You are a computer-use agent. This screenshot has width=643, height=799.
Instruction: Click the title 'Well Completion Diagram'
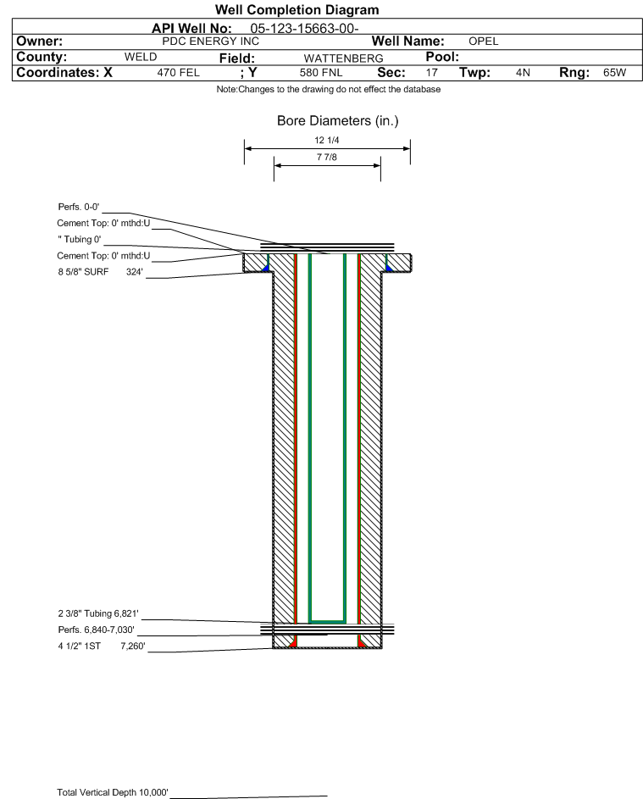click(297, 9)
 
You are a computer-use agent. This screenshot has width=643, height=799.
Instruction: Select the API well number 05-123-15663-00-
click(304, 29)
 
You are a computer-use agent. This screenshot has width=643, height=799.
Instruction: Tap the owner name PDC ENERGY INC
click(210, 42)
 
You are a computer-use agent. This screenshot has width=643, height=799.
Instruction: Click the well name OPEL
click(484, 42)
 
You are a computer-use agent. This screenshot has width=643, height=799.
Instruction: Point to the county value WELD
click(141, 57)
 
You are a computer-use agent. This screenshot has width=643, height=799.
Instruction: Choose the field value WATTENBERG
click(343, 58)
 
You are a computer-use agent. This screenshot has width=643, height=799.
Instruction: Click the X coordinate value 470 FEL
click(178, 73)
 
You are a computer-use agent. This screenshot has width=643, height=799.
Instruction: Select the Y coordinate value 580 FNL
click(321, 73)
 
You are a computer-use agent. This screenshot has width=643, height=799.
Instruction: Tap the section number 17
click(431, 73)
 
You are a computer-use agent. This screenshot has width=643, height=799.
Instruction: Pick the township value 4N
click(523, 73)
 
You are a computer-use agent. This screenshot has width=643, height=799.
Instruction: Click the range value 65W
click(614, 73)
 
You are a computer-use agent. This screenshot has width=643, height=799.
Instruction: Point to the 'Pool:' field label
click(442, 57)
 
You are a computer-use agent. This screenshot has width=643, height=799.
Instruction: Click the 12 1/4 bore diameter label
click(327, 140)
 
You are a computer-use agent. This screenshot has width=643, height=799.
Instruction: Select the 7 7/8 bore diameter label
click(327, 157)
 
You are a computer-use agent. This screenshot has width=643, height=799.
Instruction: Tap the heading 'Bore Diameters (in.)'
click(338, 121)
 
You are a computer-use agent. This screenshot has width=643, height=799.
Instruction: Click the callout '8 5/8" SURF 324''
click(100, 272)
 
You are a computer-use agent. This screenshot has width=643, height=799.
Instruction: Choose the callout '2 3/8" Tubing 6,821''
click(98, 613)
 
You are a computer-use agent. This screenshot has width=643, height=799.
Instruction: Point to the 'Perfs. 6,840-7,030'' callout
click(97, 630)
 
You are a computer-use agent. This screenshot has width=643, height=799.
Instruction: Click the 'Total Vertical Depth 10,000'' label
click(113, 792)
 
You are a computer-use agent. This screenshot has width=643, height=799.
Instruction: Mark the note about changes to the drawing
click(329, 89)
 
